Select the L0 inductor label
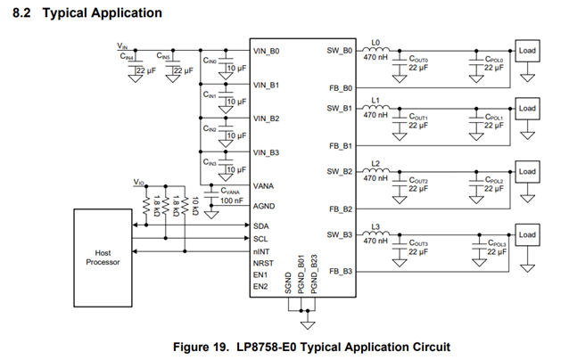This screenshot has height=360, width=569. click(x=375, y=43)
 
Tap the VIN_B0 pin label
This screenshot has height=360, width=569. click(x=267, y=52)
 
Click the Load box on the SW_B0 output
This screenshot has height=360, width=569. click(x=527, y=51)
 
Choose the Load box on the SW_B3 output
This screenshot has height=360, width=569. click(x=527, y=235)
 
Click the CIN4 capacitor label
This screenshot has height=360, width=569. click(x=127, y=57)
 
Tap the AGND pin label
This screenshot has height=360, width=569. click(x=265, y=204)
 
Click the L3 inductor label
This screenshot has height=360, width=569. click(x=375, y=226)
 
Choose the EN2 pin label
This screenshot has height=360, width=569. click(x=260, y=286)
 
